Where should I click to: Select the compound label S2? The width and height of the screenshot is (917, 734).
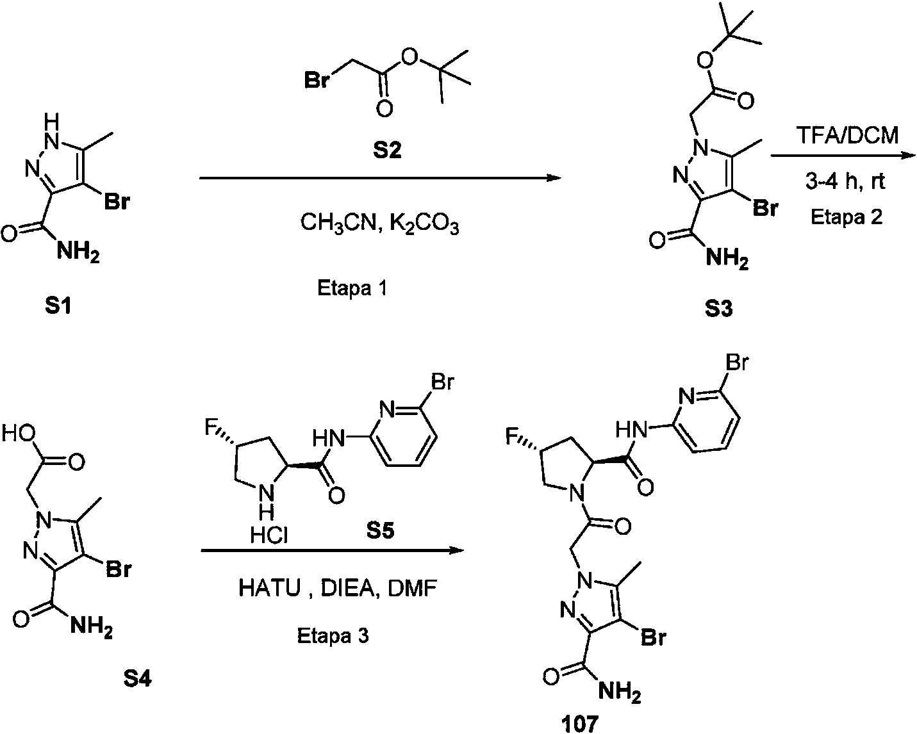[x=387, y=151]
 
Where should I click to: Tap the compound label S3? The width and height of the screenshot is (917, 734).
[x=718, y=309]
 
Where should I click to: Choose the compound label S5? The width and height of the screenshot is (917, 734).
[x=380, y=530]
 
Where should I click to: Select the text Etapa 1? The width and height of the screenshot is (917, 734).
[x=352, y=288]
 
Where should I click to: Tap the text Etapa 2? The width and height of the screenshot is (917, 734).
[x=847, y=217]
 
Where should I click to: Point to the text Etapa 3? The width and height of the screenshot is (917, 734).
[x=333, y=636]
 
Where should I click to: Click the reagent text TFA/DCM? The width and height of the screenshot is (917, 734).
[x=847, y=136]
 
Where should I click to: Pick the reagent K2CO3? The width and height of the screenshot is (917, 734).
[x=424, y=224]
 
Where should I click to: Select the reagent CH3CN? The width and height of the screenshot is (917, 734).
[x=340, y=224]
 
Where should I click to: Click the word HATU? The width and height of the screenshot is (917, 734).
[x=270, y=589]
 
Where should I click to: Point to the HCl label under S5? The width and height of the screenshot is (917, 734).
[x=269, y=535]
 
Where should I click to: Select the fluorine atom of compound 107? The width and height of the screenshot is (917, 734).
[x=511, y=437]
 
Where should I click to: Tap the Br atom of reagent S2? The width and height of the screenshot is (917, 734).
[x=317, y=79]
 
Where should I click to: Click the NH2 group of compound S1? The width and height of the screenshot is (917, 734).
[x=78, y=251]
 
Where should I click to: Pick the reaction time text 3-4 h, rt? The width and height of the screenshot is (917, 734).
[x=845, y=181]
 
